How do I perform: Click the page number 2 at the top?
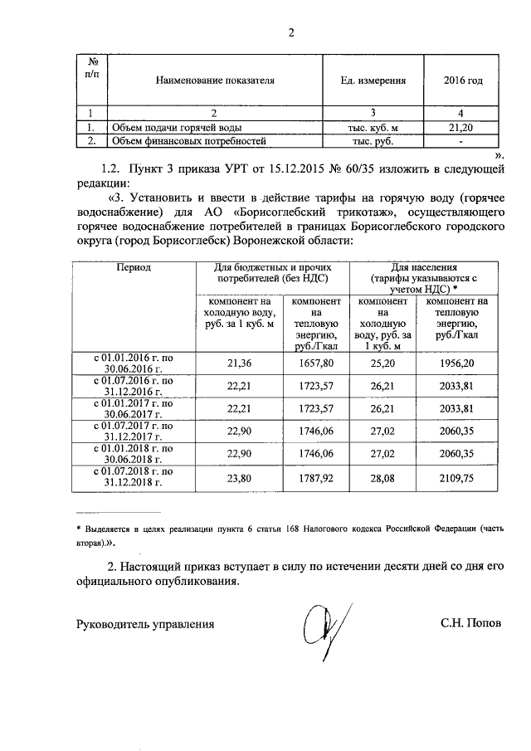pos(291,33)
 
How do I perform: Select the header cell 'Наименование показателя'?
pos(215,81)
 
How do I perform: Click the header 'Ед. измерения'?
pos(373,81)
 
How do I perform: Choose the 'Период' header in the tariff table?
pos(133,269)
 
